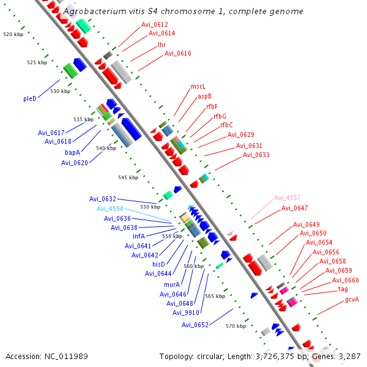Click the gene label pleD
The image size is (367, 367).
tap(30, 98)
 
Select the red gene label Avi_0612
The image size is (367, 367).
tap(155, 24)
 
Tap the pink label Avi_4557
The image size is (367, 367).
tap(287, 198)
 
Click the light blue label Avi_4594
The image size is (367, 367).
tap(109, 209)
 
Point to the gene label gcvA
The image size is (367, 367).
tap(352, 299)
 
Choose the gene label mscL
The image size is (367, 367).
tap(198, 87)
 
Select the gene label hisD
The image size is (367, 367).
tap(159, 264)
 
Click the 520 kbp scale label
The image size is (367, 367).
tap(13, 34)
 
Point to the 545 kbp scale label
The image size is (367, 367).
tap(128, 177)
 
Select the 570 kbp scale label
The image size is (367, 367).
tap(235, 326)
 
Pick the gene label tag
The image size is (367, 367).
tap(343, 289)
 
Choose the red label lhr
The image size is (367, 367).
tap(161, 45)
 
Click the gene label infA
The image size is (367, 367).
tap(139, 236)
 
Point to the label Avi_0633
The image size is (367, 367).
tap(256, 155)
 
